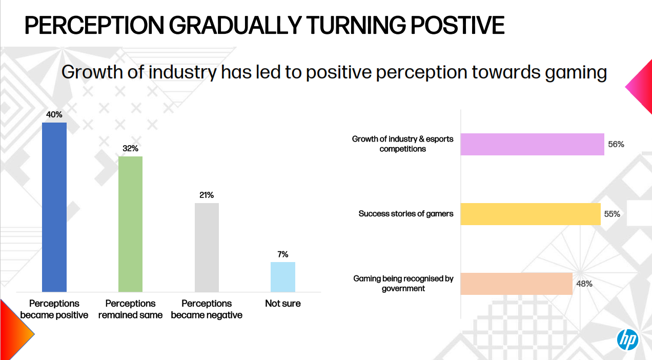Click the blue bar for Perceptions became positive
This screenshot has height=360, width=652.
click(x=54, y=207)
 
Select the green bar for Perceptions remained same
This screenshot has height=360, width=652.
click(x=130, y=224)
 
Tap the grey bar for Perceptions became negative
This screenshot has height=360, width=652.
click(x=207, y=247)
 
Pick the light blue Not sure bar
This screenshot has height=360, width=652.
click(x=283, y=277)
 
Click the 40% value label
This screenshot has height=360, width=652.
click(x=54, y=115)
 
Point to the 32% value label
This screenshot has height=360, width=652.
click(x=130, y=149)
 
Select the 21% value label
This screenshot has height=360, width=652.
click(x=207, y=195)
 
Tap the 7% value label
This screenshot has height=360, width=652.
click(x=283, y=254)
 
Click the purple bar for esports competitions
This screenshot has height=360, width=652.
click(x=532, y=144)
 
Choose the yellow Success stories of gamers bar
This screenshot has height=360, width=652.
click(x=531, y=214)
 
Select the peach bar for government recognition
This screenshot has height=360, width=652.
click(x=516, y=284)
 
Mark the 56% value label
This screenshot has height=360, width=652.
click(x=616, y=145)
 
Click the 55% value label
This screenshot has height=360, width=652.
click(x=612, y=214)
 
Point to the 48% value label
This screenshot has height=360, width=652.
click(x=584, y=284)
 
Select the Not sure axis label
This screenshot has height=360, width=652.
click(x=283, y=304)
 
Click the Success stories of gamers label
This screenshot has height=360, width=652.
click(x=406, y=214)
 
